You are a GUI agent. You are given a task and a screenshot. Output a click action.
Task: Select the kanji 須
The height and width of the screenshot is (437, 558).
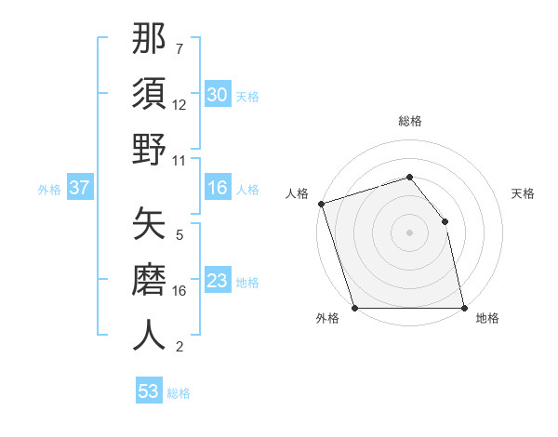150,94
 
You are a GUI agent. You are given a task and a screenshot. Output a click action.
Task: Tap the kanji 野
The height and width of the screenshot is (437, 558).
150,150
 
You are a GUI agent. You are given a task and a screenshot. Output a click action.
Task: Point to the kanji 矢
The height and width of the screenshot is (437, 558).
150,223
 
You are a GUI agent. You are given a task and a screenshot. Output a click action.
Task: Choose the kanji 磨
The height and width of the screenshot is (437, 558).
150,279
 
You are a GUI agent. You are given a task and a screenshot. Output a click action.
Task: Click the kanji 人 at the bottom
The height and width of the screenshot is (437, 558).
150,335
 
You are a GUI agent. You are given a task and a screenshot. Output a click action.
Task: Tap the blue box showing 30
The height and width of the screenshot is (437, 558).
217,95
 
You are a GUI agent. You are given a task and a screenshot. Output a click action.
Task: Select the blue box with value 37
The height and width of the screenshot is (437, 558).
79,188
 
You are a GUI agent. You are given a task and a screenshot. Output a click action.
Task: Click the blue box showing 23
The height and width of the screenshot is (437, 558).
217,282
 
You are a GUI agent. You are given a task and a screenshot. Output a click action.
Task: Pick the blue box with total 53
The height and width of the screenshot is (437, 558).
149,391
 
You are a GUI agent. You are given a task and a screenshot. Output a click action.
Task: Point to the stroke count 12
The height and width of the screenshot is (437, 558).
179,105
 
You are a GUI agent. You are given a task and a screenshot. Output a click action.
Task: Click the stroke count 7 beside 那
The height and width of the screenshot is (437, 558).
179,48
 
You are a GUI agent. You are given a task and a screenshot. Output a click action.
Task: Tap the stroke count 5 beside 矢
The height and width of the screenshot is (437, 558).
179,234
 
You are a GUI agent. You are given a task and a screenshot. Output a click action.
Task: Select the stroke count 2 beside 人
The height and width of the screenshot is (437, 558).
179,347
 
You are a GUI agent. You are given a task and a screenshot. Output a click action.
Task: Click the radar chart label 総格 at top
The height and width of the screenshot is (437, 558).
409,121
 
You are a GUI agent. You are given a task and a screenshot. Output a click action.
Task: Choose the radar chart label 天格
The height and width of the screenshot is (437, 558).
524,193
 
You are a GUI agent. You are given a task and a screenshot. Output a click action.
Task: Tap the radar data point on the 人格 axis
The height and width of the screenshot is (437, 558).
321,204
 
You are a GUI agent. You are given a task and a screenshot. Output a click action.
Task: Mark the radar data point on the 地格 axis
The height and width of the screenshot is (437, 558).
463,307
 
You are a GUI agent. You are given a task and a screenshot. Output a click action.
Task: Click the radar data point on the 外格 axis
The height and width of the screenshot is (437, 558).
355,307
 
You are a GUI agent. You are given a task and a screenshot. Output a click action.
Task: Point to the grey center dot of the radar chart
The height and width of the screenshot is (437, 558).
409,232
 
